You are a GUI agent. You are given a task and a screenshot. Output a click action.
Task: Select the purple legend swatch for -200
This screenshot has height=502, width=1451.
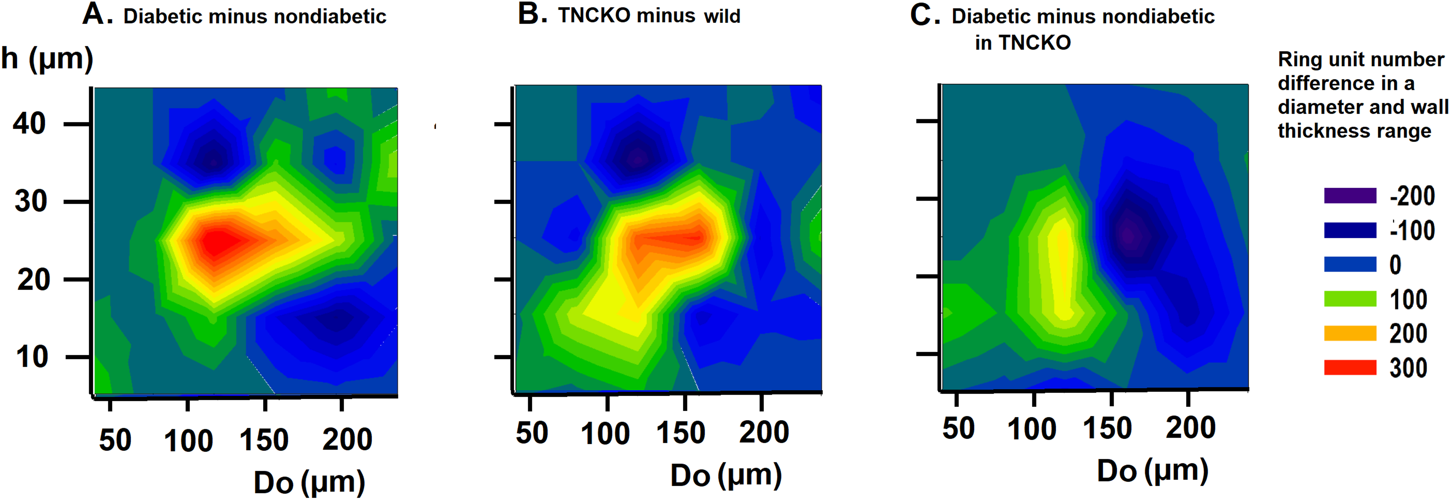tap(1350, 196)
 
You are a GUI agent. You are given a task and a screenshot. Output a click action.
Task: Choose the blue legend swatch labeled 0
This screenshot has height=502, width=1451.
tap(1350, 264)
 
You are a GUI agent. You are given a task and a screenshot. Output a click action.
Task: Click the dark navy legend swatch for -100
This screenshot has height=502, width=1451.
tap(1350, 230)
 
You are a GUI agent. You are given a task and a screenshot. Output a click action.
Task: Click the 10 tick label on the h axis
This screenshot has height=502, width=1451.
tap(32, 357)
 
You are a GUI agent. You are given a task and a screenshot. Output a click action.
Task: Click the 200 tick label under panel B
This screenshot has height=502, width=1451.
tap(764, 433)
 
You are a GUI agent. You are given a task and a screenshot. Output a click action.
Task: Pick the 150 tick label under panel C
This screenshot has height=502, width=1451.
tap(1107, 429)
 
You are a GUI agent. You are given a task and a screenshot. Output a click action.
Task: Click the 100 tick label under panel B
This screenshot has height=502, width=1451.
tap(605, 434)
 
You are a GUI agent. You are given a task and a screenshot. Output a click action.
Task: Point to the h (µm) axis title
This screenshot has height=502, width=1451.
tap(47, 59)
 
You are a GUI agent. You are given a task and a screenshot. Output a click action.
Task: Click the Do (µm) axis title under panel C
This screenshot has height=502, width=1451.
tap(1152, 471)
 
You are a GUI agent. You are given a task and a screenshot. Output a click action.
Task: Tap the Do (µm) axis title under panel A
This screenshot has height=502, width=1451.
tap(309, 483)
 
